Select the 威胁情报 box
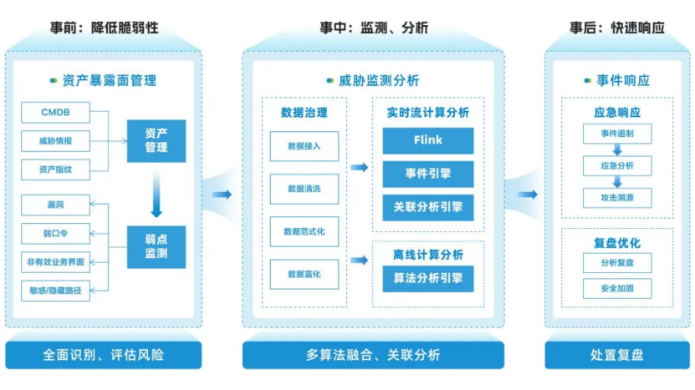click(x=54, y=141)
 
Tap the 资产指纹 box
click(x=54, y=170)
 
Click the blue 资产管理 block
click(x=156, y=141)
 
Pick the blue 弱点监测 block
click(x=156, y=247)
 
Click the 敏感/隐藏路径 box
click(x=54, y=291)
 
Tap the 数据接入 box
click(x=304, y=146)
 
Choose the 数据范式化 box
click(x=304, y=231)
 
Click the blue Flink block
click(x=427, y=140)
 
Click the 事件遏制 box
click(x=616, y=134)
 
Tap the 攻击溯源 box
click(x=616, y=198)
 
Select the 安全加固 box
click(x=616, y=289)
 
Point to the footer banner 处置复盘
click(x=617, y=355)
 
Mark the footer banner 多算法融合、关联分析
click(x=372, y=355)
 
